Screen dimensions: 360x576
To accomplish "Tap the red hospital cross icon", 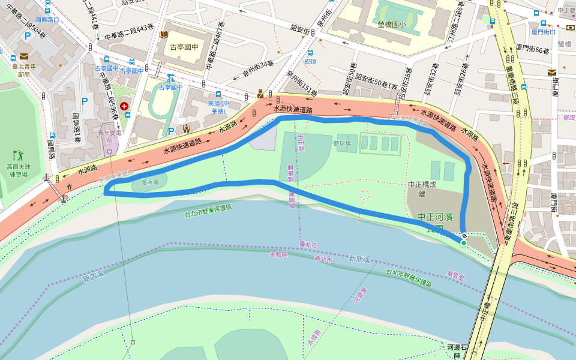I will pyautogui.click(x=124, y=106).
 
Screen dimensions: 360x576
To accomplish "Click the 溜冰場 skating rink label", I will pyautogui.click(x=150, y=182).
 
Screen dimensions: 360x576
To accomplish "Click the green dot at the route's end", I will pyautogui.click(x=464, y=242).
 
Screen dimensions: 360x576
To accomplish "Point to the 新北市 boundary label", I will pyautogui.click(x=322, y=259).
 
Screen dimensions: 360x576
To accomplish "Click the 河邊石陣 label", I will pyautogui.click(x=457, y=352).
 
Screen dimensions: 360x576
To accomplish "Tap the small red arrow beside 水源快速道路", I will pyautogui.click(x=506, y=163).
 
